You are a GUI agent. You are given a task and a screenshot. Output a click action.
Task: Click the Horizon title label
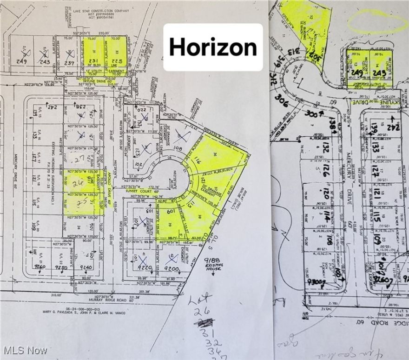213,47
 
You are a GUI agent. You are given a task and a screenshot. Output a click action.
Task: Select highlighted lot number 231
93,60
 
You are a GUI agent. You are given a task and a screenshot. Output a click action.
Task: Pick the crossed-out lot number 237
70,62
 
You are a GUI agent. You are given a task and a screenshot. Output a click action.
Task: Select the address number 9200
172,268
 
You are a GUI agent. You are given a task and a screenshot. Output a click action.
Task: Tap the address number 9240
86,267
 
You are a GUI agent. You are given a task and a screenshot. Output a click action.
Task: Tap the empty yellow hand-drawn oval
377,21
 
